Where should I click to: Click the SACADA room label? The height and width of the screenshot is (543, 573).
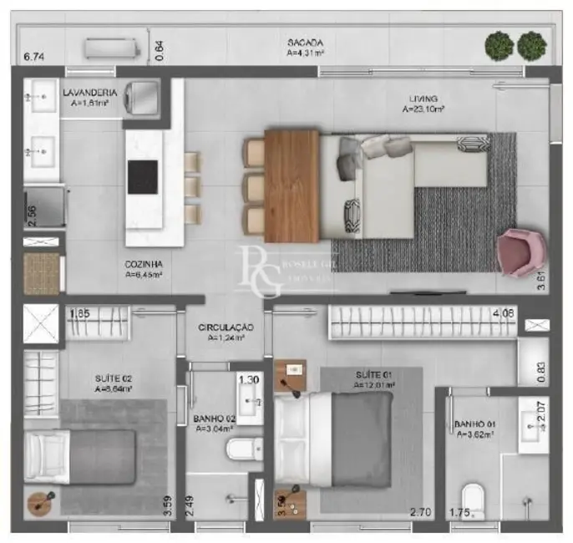click(304, 43)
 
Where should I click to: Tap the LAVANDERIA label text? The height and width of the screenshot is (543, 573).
click(90, 93)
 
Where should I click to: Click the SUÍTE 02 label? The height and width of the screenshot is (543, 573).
click(114, 378)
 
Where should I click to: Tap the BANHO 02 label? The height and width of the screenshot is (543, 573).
click(213, 419)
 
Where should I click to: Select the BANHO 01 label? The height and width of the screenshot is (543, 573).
click(474, 425)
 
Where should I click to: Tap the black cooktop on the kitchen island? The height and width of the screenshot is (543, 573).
click(142, 176)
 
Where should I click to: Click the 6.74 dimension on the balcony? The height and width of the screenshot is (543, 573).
click(33, 57)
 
